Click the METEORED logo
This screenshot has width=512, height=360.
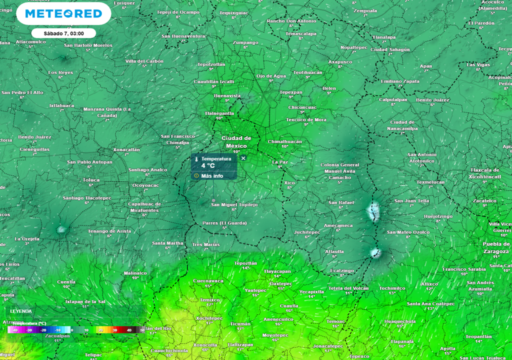click(63, 14)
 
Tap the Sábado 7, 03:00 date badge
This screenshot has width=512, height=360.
click(63, 33)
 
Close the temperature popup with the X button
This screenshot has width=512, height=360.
click(243, 158)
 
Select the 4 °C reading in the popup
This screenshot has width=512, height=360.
click(208, 165)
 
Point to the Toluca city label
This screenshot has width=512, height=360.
click(91, 179)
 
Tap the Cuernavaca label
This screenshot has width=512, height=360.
click(208, 280)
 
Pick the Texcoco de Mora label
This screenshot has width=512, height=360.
click(306, 119)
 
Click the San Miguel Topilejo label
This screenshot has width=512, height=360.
click(234, 204)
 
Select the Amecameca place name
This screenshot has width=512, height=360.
click(338, 225)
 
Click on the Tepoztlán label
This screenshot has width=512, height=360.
click(245, 262)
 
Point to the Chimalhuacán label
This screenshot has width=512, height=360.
click(285, 141)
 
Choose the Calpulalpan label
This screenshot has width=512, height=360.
click(394, 99)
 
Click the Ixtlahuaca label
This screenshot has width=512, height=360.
click(62, 105)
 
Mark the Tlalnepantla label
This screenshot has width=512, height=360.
click(219, 113)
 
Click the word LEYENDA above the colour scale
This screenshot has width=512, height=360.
click(21, 311)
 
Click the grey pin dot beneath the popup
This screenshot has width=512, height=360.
click(213, 200)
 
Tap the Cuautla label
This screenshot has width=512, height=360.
click(289, 305)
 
